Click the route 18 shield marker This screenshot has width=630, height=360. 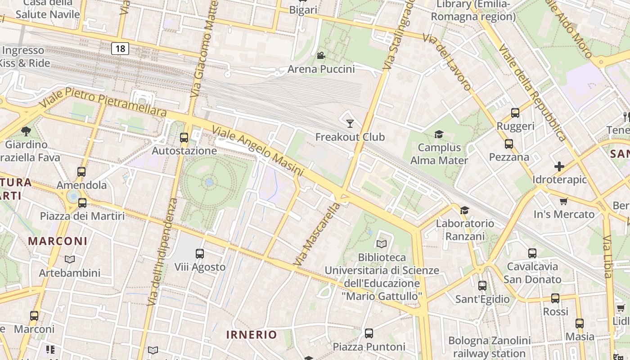pyautogui.click(x=120, y=49)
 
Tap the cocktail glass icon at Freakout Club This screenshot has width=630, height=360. pyautogui.click(x=350, y=123)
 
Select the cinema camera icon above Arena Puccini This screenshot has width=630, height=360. pyautogui.click(x=321, y=56)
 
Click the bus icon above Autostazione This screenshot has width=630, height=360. pyautogui.click(x=184, y=138)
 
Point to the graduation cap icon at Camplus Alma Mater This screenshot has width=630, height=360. pyautogui.click(x=439, y=134)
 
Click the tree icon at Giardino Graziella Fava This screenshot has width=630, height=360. pyautogui.click(x=26, y=131)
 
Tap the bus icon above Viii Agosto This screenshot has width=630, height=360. pyautogui.click(x=200, y=254)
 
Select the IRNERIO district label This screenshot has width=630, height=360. pyautogui.click(x=252, y=335)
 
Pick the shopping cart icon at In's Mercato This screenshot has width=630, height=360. pyautogui.click(x=563, y=201)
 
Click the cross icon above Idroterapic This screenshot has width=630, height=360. pyautogui.click(x=559, y=166)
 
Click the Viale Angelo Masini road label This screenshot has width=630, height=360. pyautogui.click(x=257, y=151)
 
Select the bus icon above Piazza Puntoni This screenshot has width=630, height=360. pyautogui.click(x=369, y=333)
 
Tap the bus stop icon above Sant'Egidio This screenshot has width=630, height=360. pyautogui.click(x=482, y=286)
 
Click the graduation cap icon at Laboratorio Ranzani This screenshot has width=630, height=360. pyautogui.click(x=464, y=210)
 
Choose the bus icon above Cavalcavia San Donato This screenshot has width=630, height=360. pyautogui.click(x=532, y=253)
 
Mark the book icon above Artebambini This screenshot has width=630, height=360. pyautogui.click(x=69, y=260)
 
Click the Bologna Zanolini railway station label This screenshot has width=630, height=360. pyautogui.click(x=489, y=347)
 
